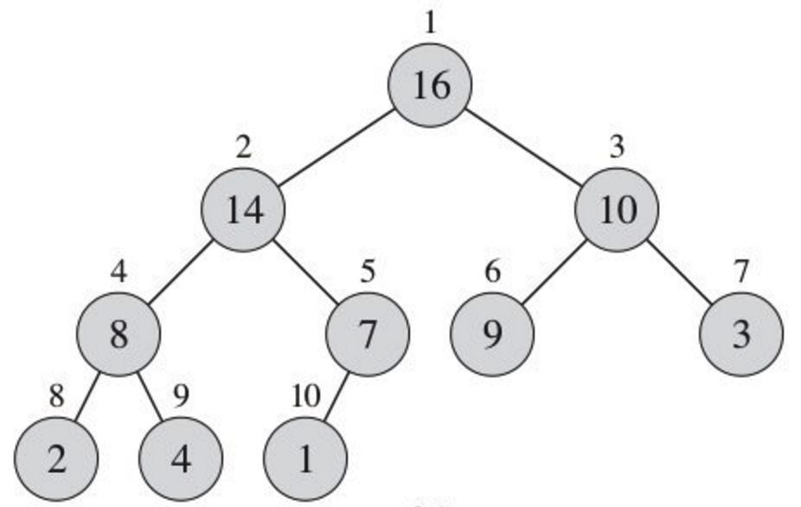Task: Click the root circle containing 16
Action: click(430, 86)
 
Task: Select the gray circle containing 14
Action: click(244, 210)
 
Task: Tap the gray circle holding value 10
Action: click(617, 210)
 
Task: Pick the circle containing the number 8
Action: click(119, 335)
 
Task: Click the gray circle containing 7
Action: click(368, 335)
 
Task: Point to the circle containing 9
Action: click(492, 335)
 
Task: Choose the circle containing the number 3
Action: click(741, 335)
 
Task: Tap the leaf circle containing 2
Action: click(56, 459)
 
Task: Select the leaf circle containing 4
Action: click(181, 459)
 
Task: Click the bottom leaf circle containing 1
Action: click(305, 459)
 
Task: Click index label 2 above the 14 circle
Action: click(244, 147)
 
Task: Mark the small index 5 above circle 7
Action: click(368, 273)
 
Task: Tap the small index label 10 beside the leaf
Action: click(305, 396)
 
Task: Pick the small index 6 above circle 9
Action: click(492, 273)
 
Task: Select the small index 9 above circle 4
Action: click(181, 396)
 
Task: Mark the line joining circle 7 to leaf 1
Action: click(336, 397)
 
